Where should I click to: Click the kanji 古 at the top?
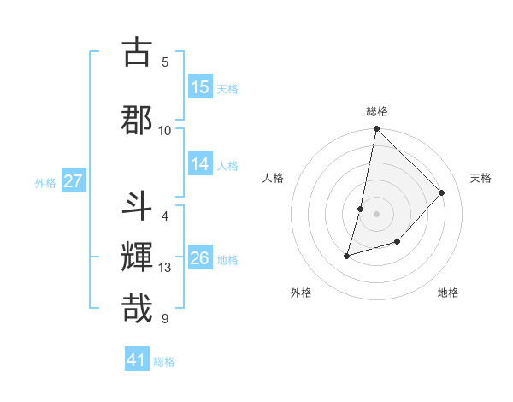(137, 53)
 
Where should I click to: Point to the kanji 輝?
(137, 256)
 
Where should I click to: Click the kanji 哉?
(137, 307)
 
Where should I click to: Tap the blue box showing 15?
(200, 87)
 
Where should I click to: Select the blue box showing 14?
(200, 165)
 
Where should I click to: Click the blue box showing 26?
(200, 258)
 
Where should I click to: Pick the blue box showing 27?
(73, 181)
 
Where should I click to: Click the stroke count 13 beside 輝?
(165, 268)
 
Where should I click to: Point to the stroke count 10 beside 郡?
(165, 130)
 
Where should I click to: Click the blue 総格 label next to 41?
(164, 362)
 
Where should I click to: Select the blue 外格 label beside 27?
(45, 182)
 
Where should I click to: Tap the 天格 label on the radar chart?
(481, 178)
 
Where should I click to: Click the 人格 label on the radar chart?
(273, 178)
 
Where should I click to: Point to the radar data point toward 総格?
(376, 129)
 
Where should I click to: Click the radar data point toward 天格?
(441, 192)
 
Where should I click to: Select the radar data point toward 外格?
(347, 255)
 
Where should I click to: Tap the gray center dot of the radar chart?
(376, 214)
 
